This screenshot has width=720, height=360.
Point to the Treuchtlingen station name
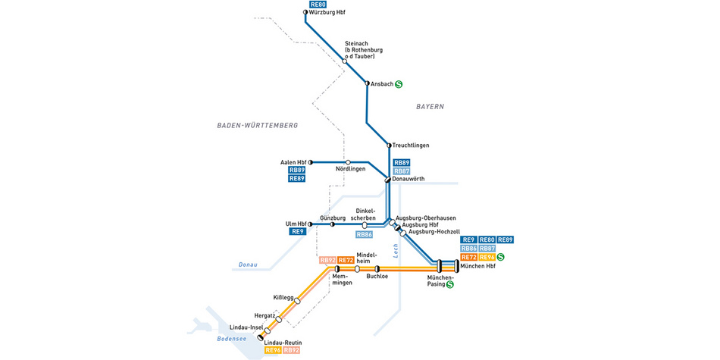(x=411, y=146)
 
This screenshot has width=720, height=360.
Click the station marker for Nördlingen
(x=348, y=162)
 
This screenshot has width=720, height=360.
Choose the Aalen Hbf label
(x=293, y=162)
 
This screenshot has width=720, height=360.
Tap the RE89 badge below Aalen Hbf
(x=296, y=179)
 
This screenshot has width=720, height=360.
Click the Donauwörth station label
(x=409, y=179)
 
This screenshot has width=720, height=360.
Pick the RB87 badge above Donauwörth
(x=402, y=171)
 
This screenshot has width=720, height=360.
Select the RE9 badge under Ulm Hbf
(x=298, y=232)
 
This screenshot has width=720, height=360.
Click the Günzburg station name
(x=333, y=218)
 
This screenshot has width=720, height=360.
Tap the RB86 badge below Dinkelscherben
(x=364, y=235)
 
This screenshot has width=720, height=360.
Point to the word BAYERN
(x=430, y=107)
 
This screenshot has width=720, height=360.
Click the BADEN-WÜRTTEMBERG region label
(x=257, y=125)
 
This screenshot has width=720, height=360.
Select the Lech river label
(x=396, y=251)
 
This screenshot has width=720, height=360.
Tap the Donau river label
(x=249, y=265)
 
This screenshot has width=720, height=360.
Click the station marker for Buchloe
(x=377, y=268)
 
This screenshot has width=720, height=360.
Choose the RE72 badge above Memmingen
(x=346, y=261)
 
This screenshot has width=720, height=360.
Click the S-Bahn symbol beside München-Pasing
(x=449, y=285)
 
